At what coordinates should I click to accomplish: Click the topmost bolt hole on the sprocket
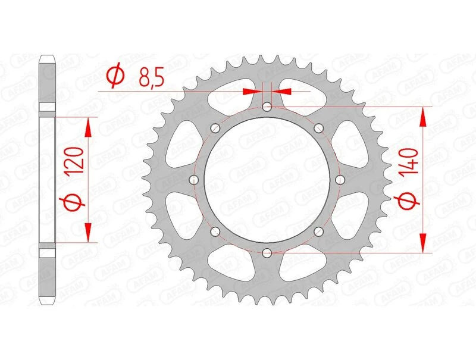[267, 107]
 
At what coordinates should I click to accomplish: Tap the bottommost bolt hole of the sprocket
[267, 253]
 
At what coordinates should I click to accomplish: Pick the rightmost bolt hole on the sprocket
[340, 180]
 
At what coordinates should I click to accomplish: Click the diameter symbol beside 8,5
[116, 76]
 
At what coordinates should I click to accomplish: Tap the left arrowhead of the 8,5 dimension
[253, 91]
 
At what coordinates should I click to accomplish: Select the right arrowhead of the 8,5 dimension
[281, 91]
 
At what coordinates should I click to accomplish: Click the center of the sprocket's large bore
[267, 180]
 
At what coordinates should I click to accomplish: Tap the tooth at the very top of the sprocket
[267, 57]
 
